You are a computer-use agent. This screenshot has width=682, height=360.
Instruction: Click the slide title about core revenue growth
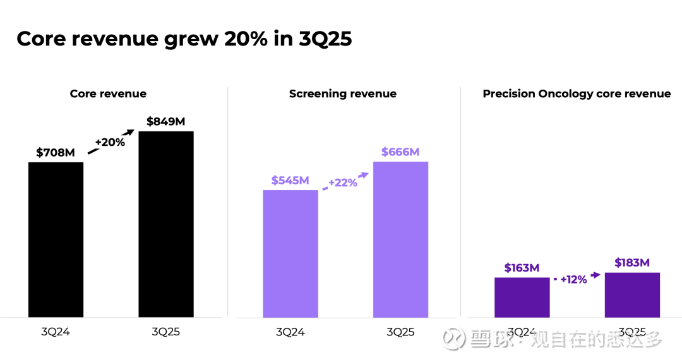coord(184,39)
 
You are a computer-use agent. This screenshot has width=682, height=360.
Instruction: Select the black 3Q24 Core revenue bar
coord(56,239)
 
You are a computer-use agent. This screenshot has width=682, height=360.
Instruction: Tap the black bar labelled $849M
coord(166,224)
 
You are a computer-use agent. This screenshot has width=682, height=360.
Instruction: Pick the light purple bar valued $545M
coord(290,253)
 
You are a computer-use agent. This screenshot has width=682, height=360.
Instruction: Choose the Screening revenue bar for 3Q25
coord(400,239)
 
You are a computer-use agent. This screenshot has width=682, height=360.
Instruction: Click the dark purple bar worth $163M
coord(522,297)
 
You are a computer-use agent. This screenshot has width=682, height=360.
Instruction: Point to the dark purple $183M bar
coord(632,295)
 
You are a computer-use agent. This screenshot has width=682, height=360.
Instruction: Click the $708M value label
coord(56,152)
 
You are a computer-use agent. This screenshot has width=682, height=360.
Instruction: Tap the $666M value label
coord(400,152)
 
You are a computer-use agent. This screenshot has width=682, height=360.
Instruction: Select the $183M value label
coord(632,263)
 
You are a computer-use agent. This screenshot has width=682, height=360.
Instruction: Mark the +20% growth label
coord(110,142)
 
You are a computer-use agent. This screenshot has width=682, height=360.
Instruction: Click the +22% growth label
coord(343,183)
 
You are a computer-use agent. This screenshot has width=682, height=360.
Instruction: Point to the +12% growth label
coord(573,279)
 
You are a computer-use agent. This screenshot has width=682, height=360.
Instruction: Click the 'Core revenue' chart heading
coord(108,93)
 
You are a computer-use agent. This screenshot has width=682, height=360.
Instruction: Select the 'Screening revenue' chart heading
coord(343,93)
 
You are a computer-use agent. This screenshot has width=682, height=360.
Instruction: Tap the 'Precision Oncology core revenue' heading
coord(577,93)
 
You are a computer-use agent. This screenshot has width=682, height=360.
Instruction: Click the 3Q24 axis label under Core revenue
coord(56,332)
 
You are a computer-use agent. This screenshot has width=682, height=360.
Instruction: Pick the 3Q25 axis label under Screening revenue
coord(400,332)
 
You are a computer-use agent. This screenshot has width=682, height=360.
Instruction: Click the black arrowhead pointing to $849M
coord(131,131)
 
